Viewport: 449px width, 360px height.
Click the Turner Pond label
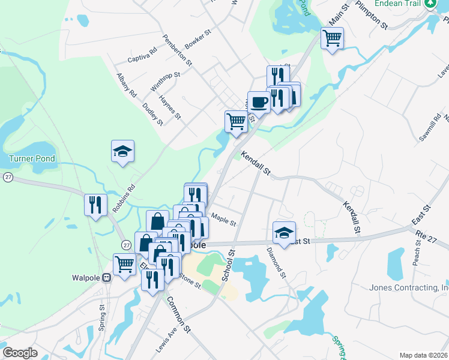[x=32, y=159]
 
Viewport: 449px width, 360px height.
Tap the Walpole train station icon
[x=107, y=278]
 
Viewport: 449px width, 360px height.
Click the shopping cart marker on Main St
[x=332, y=38]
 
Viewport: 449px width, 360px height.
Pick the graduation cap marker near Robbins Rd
[x=122, y=151]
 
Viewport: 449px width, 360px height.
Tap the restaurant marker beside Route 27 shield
[x=95, y=205]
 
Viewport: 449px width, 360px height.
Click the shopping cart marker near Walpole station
[x=124, y=264]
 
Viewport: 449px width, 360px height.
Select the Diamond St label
[x=277, y=262]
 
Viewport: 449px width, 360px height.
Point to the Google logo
[x=20, y=353]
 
